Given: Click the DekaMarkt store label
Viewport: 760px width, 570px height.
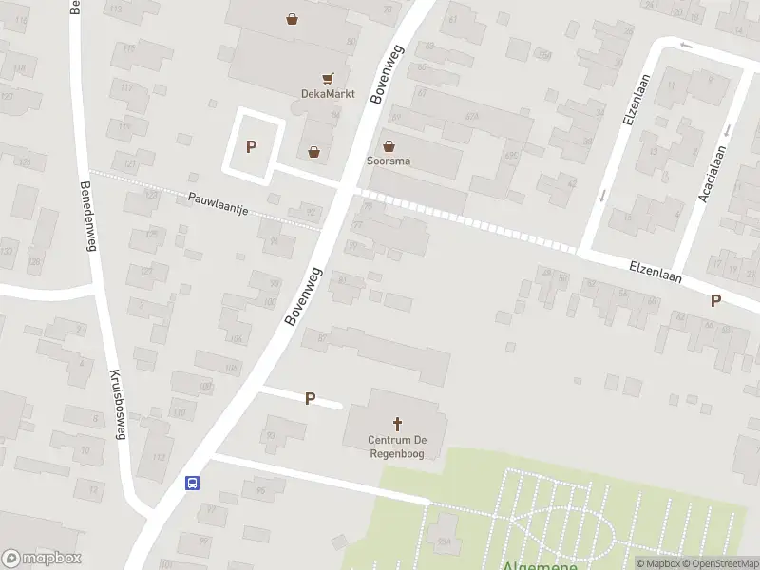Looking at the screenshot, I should point(329,93).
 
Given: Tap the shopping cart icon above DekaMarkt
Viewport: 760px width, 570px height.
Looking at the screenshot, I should point(328,78).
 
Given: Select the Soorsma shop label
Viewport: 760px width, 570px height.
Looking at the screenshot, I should point(389,161).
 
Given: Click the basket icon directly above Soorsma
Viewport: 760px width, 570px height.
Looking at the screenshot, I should point(389,145).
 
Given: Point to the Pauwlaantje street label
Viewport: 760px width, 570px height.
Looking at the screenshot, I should point(218,203).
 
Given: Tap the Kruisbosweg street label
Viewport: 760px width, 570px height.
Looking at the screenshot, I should point(118,405).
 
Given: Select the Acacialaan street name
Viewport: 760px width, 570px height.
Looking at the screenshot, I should point(712,174).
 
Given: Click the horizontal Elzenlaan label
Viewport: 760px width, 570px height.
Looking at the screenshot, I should point(656,271).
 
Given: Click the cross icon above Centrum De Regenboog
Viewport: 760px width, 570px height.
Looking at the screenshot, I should point(397,424).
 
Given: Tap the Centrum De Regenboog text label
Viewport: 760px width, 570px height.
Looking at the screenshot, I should point(397,446).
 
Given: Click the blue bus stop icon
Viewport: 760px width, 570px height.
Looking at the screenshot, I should point(192,483).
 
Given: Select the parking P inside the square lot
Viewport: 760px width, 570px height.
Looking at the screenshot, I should point(252,146).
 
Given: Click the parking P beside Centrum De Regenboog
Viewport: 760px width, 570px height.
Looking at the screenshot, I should point(310,399).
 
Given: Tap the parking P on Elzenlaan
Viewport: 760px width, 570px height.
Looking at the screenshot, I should point(715,300).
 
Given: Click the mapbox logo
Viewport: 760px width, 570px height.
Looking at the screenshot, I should point(40,559).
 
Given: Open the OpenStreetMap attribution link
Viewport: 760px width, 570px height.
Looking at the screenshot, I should point(720,563).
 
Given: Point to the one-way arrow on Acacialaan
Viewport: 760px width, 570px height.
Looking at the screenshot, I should point(727,130).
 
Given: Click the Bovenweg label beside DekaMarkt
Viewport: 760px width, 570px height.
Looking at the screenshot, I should point(391,74).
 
